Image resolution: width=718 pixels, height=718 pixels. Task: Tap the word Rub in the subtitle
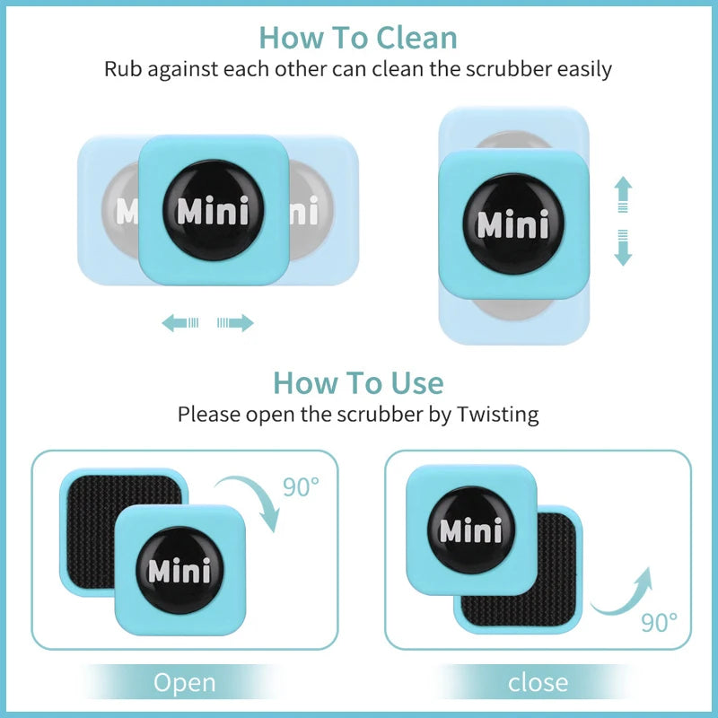[x=123, y=68]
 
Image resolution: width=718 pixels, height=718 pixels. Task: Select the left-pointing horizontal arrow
[x=179, y=323]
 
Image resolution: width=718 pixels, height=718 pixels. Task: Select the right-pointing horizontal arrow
[x=236, y=323]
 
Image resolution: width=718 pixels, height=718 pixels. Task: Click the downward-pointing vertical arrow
[x=623, y=249]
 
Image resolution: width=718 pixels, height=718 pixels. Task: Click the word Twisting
[x=497, y=415]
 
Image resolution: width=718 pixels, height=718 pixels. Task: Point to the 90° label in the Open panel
[x=301, y=487]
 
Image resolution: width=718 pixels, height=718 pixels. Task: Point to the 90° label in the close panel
[x=659, y=621]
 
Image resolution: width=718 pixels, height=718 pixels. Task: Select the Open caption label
[x=184, y=683]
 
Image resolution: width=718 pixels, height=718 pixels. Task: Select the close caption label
[x=538, y=683]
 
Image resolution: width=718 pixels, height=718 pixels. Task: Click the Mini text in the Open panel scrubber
[x=179, y=571]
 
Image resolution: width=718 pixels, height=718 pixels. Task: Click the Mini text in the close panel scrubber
[x=470, y=530]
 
